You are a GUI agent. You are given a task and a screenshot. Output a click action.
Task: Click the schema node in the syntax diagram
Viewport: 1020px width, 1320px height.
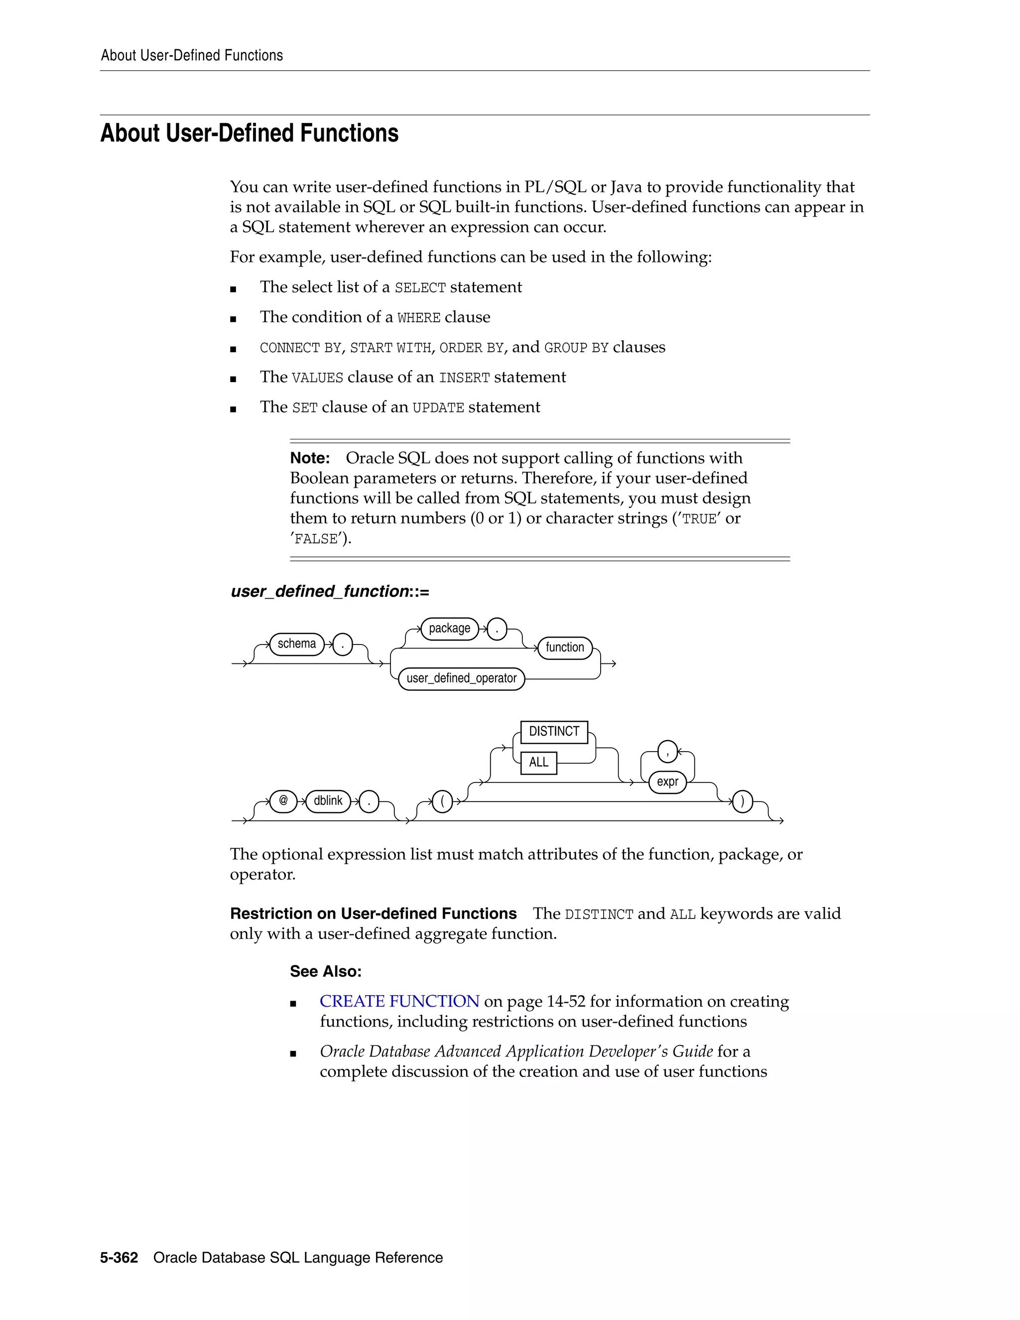click(297, 644)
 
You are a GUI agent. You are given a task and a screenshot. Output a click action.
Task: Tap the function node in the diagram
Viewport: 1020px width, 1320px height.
click(564, 648)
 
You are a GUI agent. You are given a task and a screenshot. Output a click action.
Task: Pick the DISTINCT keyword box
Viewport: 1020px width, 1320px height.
click(553, 731)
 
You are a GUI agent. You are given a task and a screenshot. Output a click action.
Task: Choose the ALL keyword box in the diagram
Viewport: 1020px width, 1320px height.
click(538, 762)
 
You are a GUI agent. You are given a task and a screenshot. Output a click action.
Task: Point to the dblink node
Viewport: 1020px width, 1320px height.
click(328, 801)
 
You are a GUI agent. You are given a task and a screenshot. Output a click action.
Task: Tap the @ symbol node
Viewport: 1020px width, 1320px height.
click(283, 801)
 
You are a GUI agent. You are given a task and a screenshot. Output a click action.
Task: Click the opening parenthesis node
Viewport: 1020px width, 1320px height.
click(442, 802)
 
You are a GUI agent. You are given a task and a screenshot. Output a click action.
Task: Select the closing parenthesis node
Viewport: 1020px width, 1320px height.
click(742, 802)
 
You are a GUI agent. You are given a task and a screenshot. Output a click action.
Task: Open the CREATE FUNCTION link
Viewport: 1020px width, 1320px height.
click(399, 1002)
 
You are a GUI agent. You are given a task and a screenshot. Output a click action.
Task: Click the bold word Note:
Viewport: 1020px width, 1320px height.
click(310, 458)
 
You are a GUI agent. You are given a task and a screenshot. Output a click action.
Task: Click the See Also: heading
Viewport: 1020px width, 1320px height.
click(326, 971)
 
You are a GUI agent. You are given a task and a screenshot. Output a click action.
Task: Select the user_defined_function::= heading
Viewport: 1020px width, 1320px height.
click(330, 591)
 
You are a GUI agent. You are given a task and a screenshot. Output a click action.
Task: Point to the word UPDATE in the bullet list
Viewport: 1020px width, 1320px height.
click(438, 408)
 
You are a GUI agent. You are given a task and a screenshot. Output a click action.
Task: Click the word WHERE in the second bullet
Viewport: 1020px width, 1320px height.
click(419, 318)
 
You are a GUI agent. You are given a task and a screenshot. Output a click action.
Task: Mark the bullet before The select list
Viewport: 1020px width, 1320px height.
click(233, 289)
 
